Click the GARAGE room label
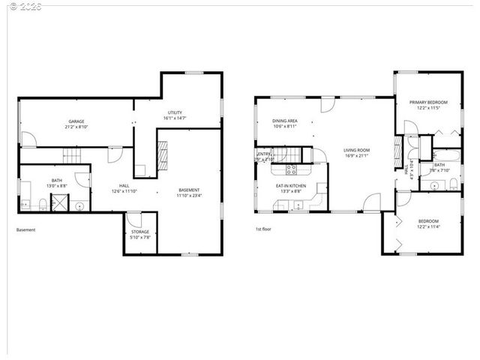(x=76, y=121)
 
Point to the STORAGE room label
(x=140, y=232)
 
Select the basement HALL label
(x=125, y=186)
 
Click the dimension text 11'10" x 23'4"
(x=189, y=196)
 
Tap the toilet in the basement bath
(x=42, y=204)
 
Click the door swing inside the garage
(x=28, y=139)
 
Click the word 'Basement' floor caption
(x=26, y=230)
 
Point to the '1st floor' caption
(x=262, y=230)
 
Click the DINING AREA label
(x=285, y=121)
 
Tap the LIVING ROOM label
(x=357, y=150)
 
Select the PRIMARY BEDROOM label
(x=428, y=102)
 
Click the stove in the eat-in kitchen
(x=291, y=169)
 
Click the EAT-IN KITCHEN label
(x=290, y=185)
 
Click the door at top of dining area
(x=326, y=106)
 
